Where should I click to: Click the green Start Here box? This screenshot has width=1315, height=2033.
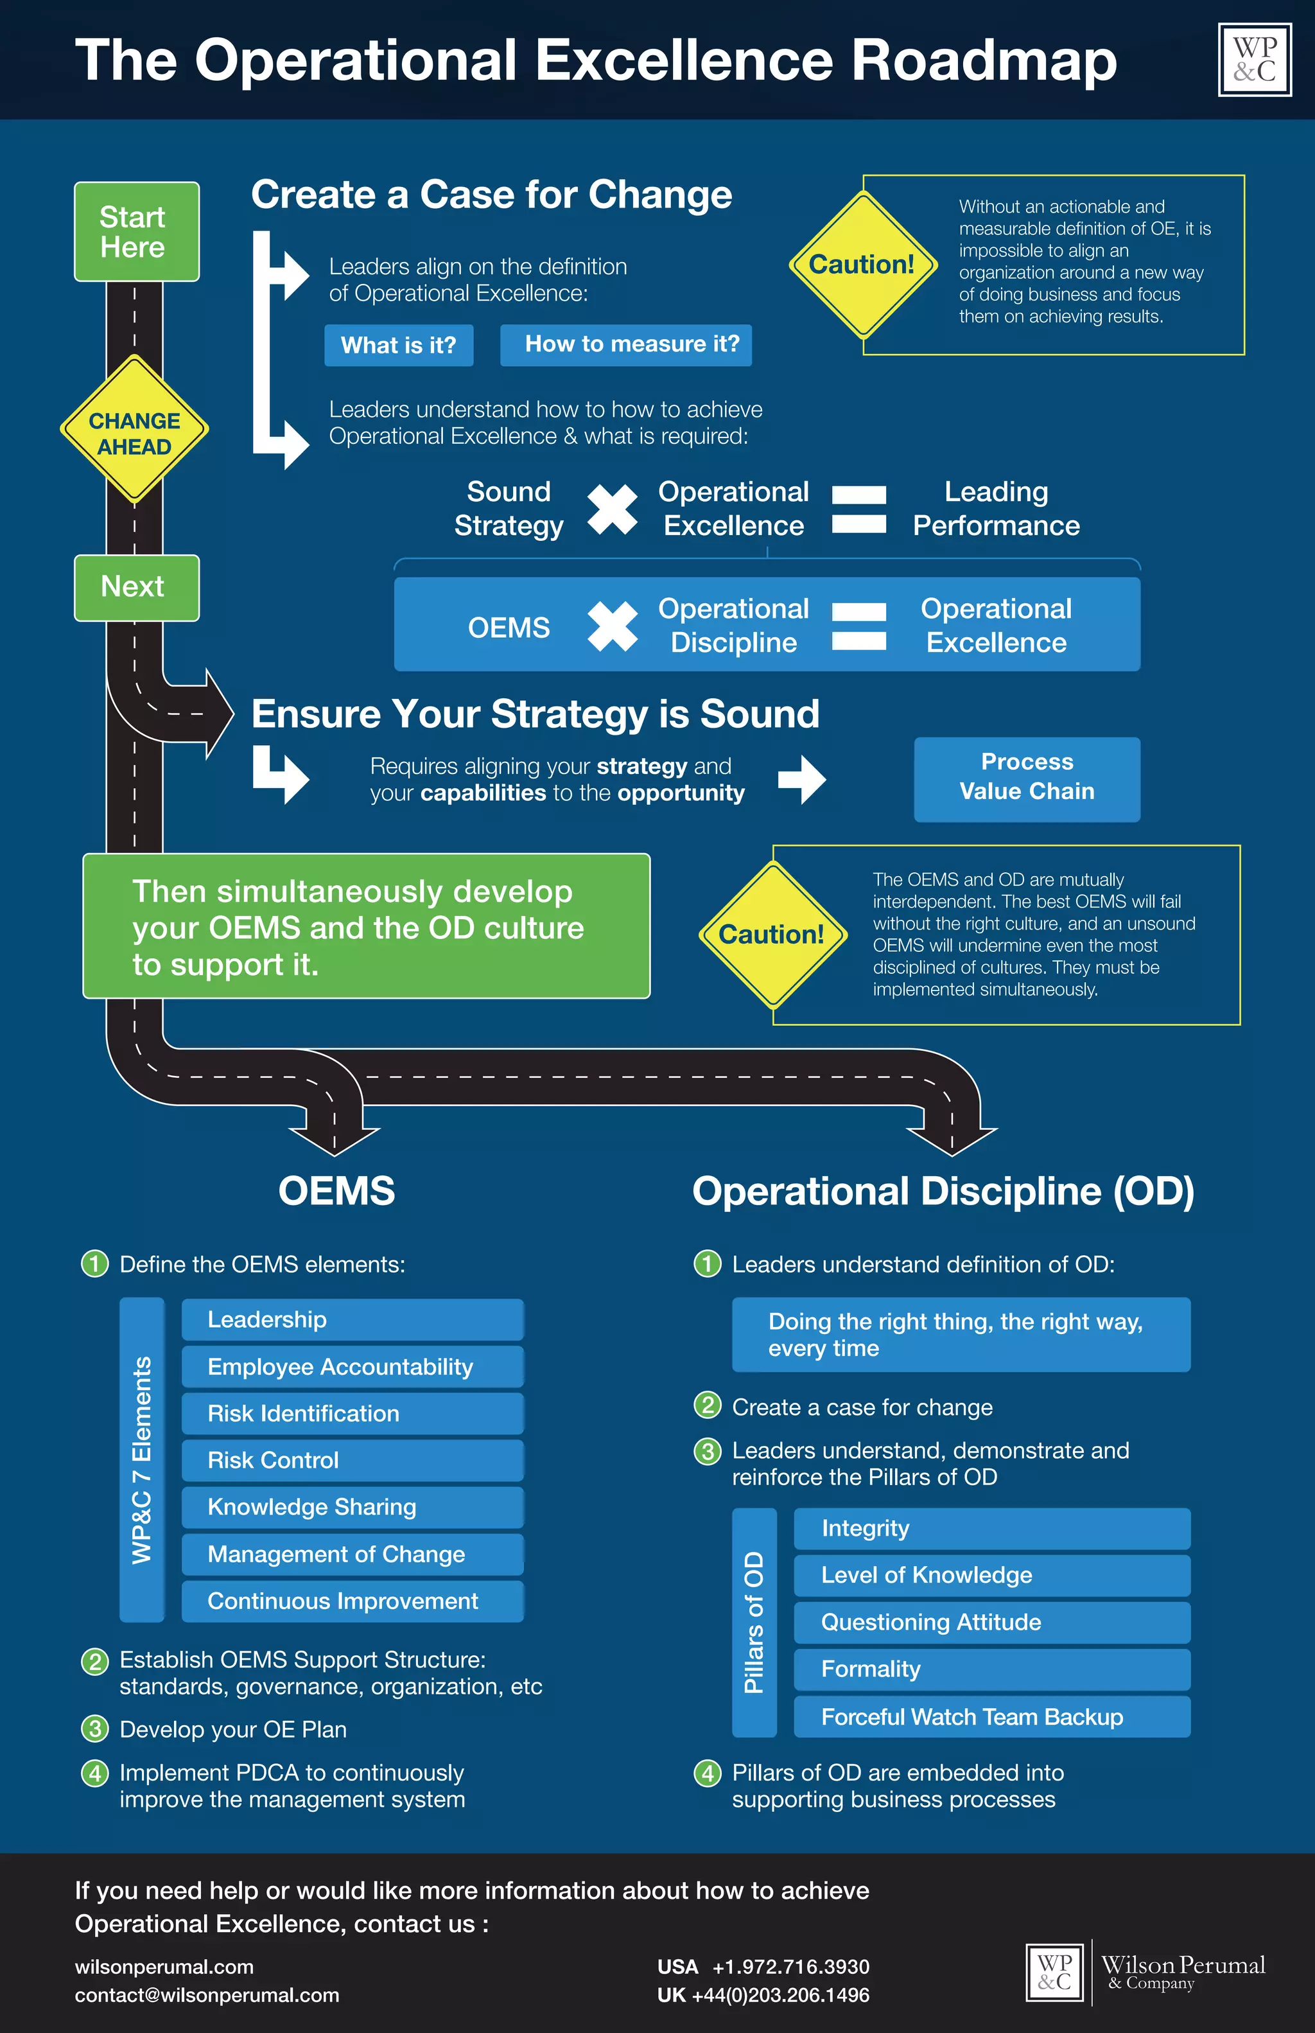click(x=137, y=231)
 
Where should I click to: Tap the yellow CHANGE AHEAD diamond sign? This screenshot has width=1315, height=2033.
click(x=134, y=430)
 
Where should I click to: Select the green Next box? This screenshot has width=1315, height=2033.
click(x=137, y=588)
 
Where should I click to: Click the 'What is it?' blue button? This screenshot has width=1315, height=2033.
click(x=399, y=345)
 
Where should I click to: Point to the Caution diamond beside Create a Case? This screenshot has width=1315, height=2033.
click(x=862, y=265)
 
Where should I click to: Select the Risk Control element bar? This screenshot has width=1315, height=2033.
click(x=352, y=1460)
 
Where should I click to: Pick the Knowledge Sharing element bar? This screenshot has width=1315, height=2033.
click(x=352, y=1507)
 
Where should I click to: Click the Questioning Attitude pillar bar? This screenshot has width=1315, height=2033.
click(x=991, y=1622)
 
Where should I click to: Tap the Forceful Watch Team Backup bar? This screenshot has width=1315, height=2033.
click(x=991, y=1716)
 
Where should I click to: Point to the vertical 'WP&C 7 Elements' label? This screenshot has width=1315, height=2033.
click(x=142, y=1460)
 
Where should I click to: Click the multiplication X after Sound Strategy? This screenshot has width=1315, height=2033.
click(x=613, y=509)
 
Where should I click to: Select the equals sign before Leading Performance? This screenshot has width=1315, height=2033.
click(x=858, y=509)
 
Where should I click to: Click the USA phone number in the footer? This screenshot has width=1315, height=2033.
click(x=790, y=1966)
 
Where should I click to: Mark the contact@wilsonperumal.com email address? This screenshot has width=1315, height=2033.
click(x=207, y=1994)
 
